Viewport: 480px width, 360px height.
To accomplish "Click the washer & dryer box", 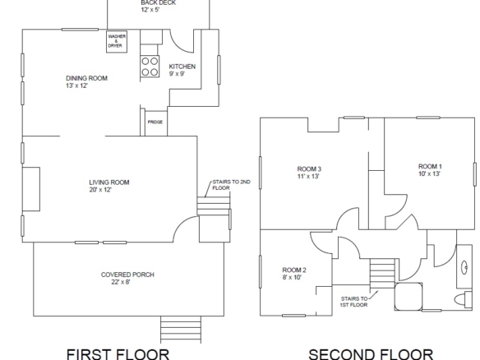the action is click(117, 41).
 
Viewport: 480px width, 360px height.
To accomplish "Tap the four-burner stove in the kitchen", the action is click(150, 66).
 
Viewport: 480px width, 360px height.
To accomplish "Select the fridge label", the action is click(155, 122).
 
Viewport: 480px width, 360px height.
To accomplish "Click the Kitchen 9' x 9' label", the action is click(182, 70).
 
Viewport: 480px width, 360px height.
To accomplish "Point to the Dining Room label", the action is click(86, 78).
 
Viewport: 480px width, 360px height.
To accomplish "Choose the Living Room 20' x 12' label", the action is click(109, 186).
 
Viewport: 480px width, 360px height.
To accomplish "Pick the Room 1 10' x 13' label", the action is click(430, 170).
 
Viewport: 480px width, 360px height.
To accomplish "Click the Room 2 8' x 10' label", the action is click(294, 274).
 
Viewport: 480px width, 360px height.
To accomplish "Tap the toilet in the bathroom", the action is click(464, 299).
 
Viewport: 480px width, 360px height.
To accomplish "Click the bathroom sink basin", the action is click(464, 267).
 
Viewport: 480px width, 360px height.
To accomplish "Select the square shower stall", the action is click(408, 297).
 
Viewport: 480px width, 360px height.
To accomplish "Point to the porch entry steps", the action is click(181, 330).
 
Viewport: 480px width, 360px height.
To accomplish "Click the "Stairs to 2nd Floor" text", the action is click(232, 185).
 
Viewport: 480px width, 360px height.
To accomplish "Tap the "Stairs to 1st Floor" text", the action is click(354, 302).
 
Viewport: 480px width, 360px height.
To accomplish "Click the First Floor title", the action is click(118, 354).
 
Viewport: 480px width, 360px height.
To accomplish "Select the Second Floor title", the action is click(371, 355).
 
